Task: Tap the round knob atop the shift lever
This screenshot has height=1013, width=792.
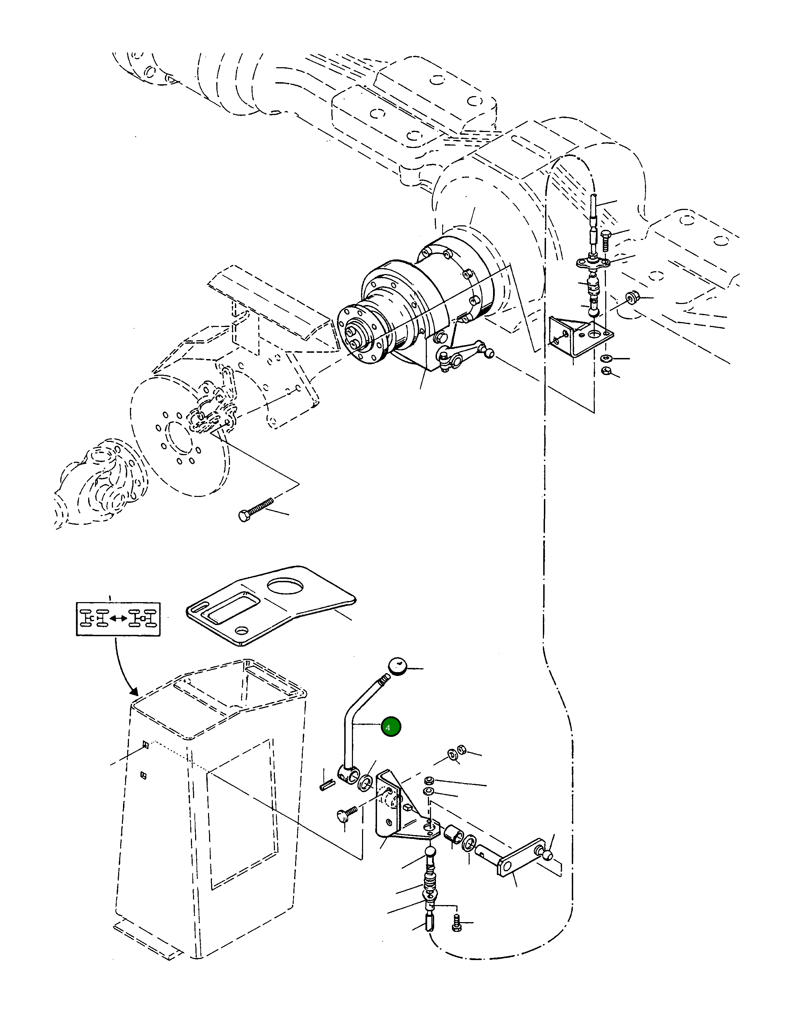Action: pyautogui.click(x=397, y=665)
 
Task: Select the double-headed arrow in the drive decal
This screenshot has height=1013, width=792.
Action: pyautogui.click(x=118, y=618)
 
